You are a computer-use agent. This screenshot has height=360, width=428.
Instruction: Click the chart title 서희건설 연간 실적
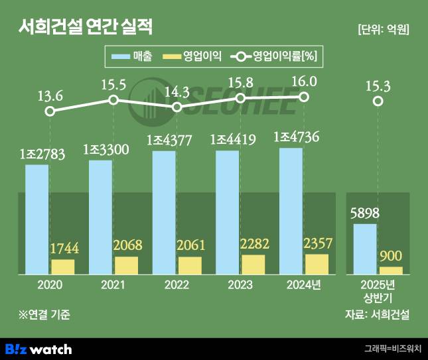[x=86, y=27]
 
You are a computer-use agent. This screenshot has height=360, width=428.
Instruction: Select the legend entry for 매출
[x=133, y=57]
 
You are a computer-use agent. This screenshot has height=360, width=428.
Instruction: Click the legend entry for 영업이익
[x=192, y=57]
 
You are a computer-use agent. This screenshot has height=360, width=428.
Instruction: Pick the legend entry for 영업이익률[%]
[x=274, y=57]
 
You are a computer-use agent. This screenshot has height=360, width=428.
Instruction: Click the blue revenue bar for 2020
[x=37, y=219]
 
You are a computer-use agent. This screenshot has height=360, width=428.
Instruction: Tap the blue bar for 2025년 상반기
[x=364, y=249]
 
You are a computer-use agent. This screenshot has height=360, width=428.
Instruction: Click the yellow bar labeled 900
[x=391, y=270]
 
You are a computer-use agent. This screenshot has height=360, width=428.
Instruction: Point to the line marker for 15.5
[x=113, y=100]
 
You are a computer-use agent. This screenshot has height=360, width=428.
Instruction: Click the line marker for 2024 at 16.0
[x=304, y=97]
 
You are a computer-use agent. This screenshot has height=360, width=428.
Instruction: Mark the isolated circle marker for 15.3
[x=378, y=101]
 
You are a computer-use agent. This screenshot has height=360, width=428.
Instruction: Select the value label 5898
[x=364, y=213]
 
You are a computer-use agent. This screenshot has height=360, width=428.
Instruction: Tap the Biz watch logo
[x=38, y=348]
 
